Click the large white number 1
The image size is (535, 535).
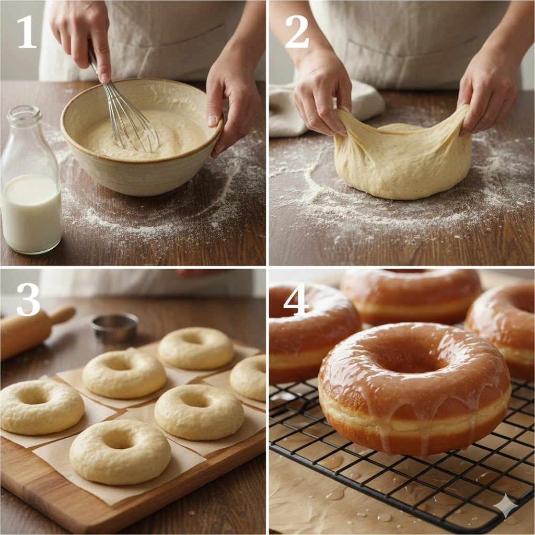click(27, 32)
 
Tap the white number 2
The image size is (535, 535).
click(297, 31)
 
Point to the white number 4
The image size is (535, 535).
click(296, 299)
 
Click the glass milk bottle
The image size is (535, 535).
click(31, 181)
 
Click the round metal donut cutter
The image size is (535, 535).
click(115, 327)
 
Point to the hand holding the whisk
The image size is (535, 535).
click(82, 38)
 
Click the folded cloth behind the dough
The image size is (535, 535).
click(307, 109)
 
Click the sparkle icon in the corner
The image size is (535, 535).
click(506, 506)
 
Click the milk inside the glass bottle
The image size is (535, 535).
click(31, 213)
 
